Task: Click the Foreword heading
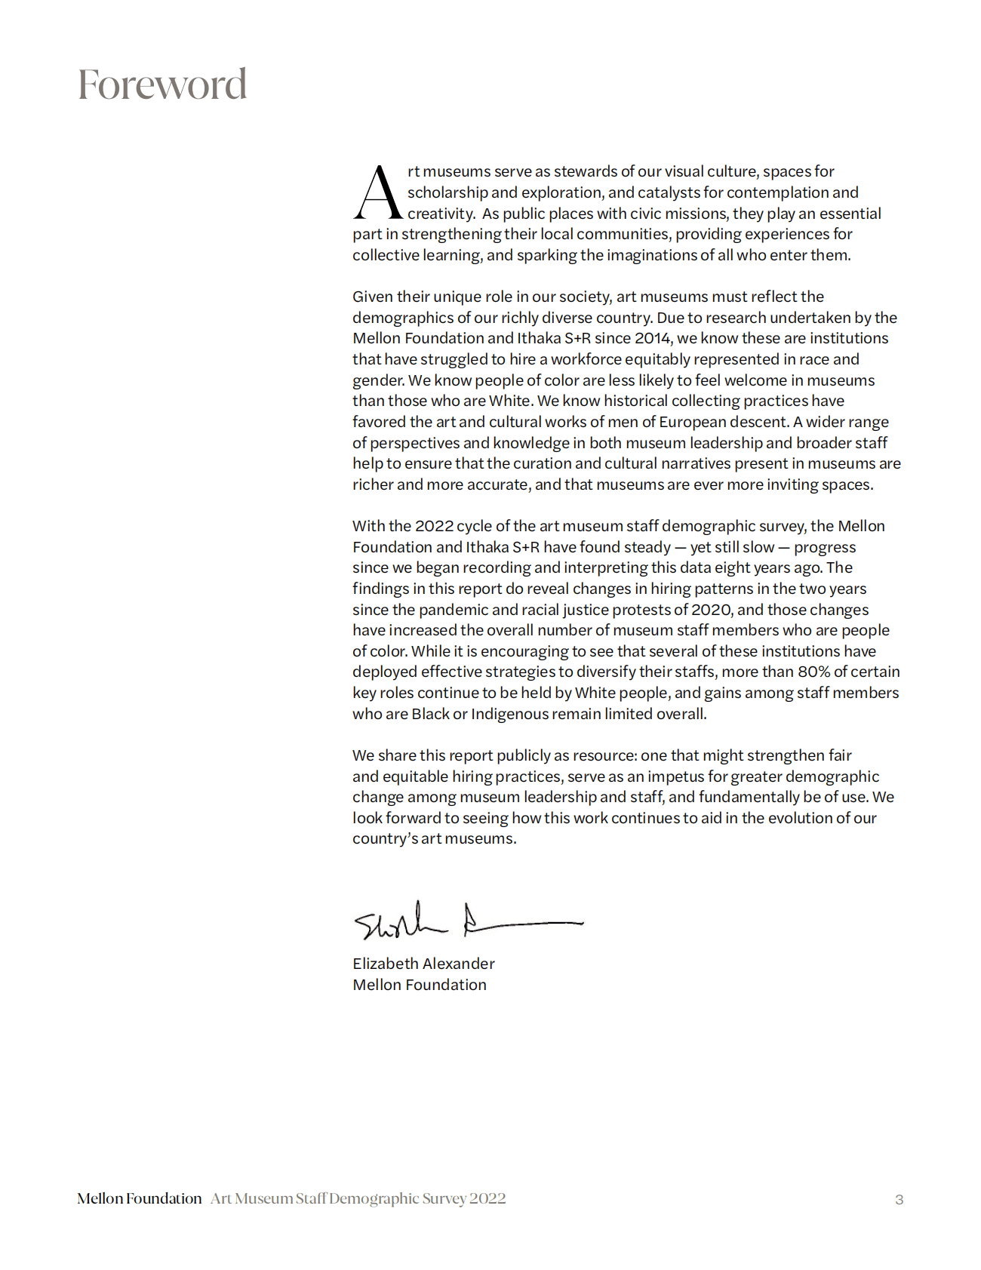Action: (162, 84)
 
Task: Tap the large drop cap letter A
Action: (378, 193)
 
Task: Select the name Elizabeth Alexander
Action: (423, 964)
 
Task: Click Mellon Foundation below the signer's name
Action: (419, 985)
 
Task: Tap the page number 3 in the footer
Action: (899, 1200)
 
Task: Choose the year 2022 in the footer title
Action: (487, 1199)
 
